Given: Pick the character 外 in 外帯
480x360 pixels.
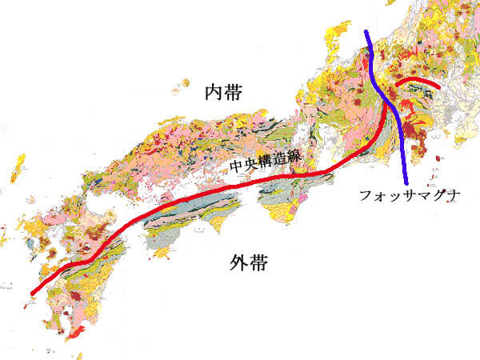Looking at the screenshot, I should (233, 262).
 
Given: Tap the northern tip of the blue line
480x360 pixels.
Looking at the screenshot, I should (366, 33).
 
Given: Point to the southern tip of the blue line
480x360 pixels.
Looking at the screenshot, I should (408, 181).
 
